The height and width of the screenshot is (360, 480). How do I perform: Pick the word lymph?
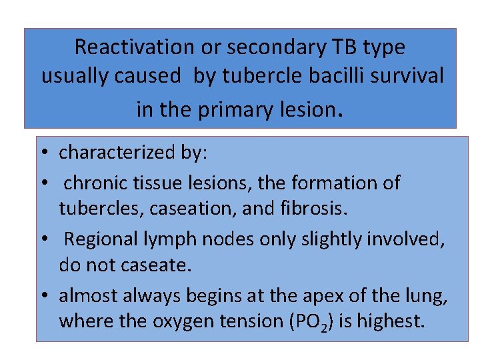coord(179,239)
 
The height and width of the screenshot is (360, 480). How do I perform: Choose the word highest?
coord(391,321)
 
